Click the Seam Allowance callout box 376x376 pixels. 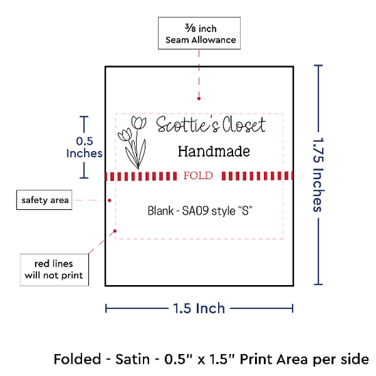pos(199,33)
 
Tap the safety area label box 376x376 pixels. pos(44,200)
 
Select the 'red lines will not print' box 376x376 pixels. pos(54,270)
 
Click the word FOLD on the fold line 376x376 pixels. pos(198,176)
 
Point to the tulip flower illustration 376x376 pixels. pos(132,142)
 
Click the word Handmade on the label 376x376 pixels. pos(214,152)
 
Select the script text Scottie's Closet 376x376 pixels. pos(211,124)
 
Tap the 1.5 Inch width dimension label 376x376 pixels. pos(199,308)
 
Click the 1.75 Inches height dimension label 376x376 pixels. pos(319,174)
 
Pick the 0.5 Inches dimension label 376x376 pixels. pos(84,147)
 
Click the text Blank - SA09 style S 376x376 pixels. pos(200,211)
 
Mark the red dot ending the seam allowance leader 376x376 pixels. pos(199,98)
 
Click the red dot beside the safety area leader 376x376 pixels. pos(109,200)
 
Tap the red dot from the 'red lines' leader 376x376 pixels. pos(115,231)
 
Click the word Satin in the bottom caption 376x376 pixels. pos(133,359)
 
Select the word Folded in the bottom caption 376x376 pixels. pos(77,359)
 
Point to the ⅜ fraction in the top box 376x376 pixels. pos(190,28)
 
